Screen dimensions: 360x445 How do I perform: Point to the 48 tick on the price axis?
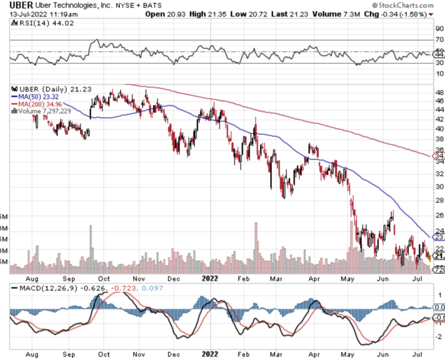438,92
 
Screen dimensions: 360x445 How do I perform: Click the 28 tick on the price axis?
438,201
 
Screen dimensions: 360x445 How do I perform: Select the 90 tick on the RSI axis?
438,29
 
